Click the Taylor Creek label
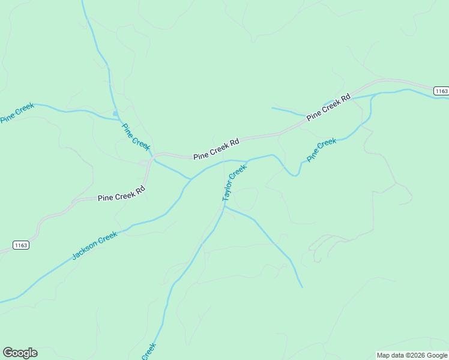(234, 183)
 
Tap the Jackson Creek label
(95, 246)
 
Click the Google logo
(20, 353)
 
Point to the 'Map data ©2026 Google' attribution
(412, 355)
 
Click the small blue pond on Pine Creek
(115, 113)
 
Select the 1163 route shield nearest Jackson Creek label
(20, 245)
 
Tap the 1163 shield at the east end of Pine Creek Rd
(441, 91)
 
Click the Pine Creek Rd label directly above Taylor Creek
(216, 149)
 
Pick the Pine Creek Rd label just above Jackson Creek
(121, 193)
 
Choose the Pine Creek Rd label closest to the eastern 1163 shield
(328, 107)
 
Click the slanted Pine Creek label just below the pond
(136, 136)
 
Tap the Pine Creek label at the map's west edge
(17, 113)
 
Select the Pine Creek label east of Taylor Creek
(322, 150)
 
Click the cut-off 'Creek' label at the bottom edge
(149, 351)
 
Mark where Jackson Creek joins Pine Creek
(191, 179)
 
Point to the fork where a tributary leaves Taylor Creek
(224, 207)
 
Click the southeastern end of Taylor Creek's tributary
(302, 287)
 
